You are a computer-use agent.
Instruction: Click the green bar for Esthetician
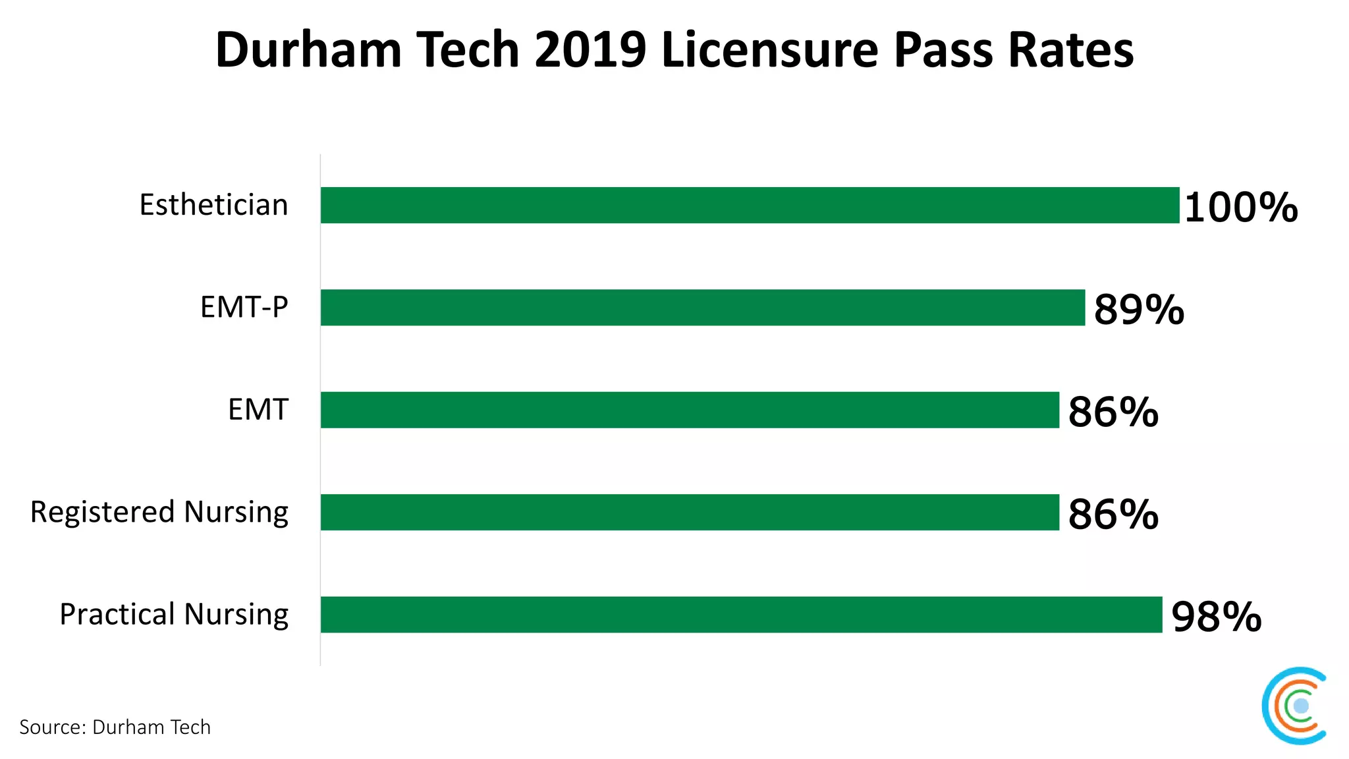[750, 205]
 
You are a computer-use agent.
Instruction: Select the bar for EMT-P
[702, 307]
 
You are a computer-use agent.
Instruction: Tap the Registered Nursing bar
[690, 512]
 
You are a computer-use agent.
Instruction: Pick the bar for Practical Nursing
[741, 614]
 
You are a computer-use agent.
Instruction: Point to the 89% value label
[1138, 309]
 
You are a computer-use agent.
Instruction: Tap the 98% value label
[1216, 617]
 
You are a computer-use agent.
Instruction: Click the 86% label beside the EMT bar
[1113, 412]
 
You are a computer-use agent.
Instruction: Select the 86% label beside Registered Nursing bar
[1113, 514]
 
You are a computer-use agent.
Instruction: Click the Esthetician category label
[213, 205]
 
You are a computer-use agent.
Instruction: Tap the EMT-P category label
[244, 307]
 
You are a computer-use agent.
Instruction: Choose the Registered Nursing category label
[159, 513]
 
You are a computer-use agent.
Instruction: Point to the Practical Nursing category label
[174, 614]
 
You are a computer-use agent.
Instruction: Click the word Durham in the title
[308, 50]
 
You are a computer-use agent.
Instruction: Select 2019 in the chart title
[590, 50]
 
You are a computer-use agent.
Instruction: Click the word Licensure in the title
[769, 50]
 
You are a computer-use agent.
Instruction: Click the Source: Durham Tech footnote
[115, 727]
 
